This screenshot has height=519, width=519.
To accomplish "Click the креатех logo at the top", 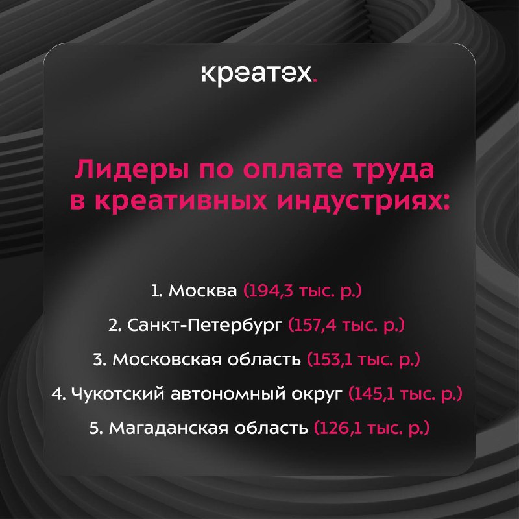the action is pyautogui.click(x=259, y=75).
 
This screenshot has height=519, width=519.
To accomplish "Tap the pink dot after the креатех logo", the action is pyautogui.click(x=315, y=80).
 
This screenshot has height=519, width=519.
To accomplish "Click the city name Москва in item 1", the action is pyautogui.click(x=202, y=291).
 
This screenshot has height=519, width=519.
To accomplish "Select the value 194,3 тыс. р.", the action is pyautogui.click(x=302, y=291).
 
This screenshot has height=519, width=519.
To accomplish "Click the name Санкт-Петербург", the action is pyautogui.click(x=205, y=326).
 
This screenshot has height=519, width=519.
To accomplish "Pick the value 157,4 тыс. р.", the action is pyautogui.click(x=346, y=326).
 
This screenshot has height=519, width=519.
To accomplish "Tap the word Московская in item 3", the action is pyautogui.click(x=167, y=359).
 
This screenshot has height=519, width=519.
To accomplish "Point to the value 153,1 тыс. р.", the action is pyautogui.click(x=364, y=359).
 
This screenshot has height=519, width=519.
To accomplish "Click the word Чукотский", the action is pyautogui.click(x=117, y=394).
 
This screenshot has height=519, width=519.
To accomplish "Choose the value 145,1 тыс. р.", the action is pyautogui.click(x=405, y=394).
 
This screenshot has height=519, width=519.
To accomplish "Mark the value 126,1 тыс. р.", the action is pyautogui.click(x=371, y=428).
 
